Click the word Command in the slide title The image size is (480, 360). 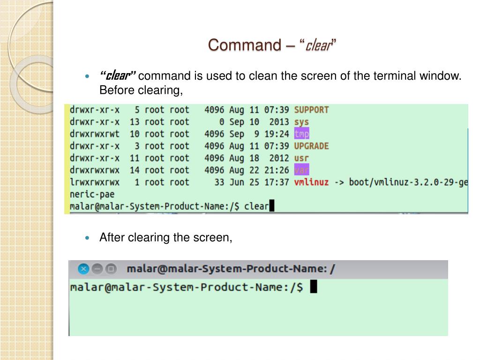[x=244, y=45]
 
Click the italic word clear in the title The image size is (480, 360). [x=319, y=46]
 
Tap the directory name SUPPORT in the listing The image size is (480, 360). [x=311, y=110]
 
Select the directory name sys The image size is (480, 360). [x=301, y=122]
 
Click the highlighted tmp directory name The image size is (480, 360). [x=301, y=134]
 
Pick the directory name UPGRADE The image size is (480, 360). [x=311, y=146]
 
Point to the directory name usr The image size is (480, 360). [x=301, y=158]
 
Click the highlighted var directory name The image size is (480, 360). [x=301, y=170]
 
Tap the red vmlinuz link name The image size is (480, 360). [x=311, y=182]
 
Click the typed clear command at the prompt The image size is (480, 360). [x=256, y=206]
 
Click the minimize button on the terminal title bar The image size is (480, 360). [x=97, y=269]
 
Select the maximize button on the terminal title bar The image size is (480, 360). [x=111, y=269]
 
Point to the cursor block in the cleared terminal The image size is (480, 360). [x=314, y=287]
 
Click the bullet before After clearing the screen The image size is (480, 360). [x=87, y=238]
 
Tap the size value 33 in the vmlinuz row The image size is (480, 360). [x=219, y=182]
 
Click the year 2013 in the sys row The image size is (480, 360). [x=279, y=122]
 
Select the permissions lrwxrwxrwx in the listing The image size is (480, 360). [x=94, y=182]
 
